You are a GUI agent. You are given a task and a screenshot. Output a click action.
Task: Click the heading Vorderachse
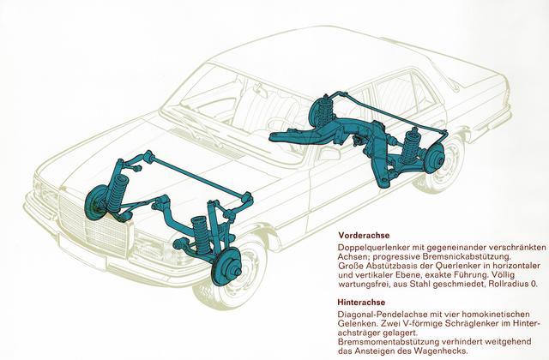point(363,236)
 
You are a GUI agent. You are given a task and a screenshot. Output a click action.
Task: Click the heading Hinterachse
point(361,302)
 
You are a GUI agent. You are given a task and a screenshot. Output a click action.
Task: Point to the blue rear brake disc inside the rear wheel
point(435,157)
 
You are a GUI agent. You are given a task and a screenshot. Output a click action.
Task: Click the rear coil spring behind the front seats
point(323,111)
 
